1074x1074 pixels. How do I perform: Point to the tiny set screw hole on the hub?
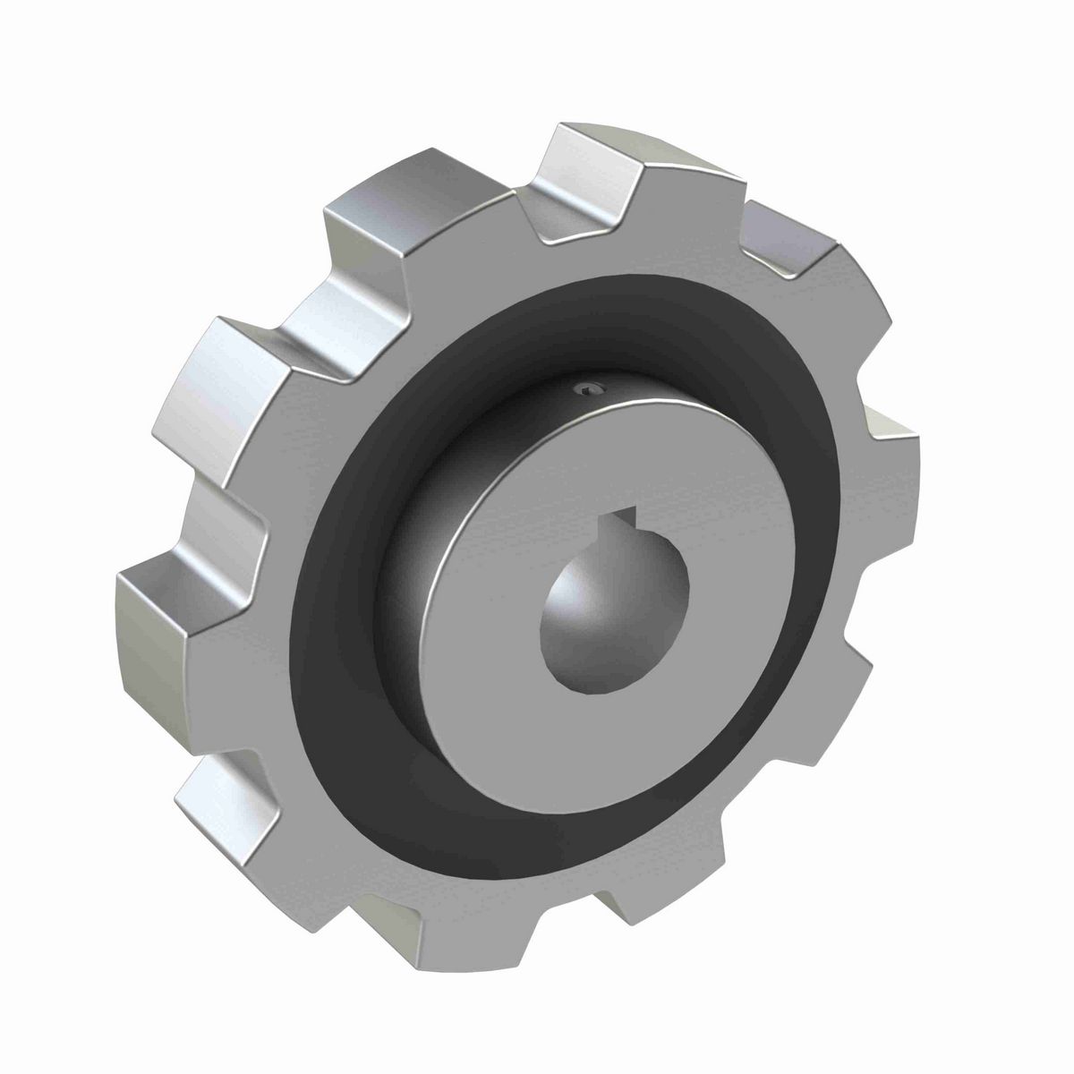tap(585, 388)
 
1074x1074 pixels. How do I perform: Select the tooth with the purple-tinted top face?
tap(788, 242)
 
